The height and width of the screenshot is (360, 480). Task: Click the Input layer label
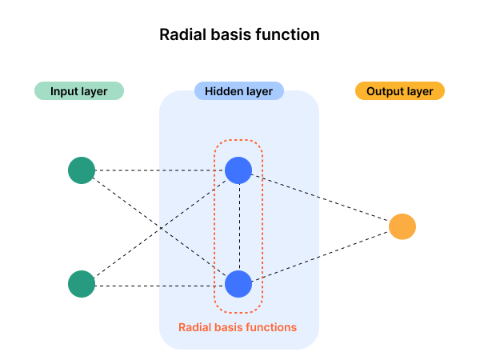78,91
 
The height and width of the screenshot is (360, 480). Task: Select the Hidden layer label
238,91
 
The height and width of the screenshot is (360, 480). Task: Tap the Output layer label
399,91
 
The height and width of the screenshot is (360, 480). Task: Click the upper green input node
82,170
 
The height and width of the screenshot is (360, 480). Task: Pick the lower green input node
82,284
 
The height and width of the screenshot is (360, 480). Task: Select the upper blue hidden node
238,170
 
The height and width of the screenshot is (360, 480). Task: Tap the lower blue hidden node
238,284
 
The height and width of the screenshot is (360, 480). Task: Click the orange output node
402,227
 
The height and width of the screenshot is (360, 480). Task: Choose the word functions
271,327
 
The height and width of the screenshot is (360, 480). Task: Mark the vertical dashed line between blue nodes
238,227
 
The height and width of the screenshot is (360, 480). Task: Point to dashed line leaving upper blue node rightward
286,185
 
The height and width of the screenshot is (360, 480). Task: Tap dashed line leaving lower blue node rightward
286,270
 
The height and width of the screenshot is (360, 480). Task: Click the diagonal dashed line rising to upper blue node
192,205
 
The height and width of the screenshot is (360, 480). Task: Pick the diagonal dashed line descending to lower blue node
192,252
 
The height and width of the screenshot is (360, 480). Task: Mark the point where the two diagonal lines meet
161,229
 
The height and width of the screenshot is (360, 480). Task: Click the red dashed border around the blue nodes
214,227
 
